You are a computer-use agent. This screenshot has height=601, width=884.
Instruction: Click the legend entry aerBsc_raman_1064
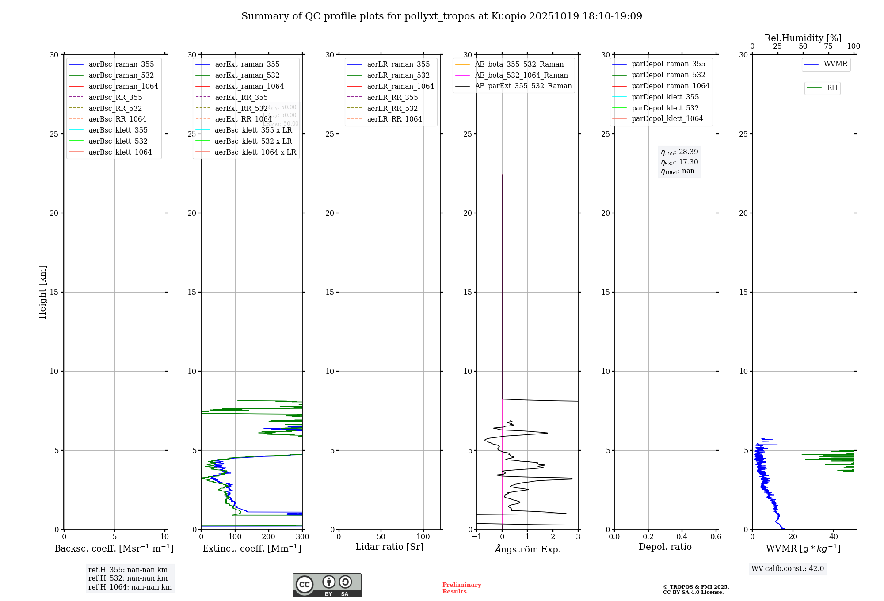tap(123, 86)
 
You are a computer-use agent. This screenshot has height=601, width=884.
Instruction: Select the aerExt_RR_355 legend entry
tap(241, 97)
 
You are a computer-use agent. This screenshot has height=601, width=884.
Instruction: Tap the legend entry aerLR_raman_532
tap(398, 75)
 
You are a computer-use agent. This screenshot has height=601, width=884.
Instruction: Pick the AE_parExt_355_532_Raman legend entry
tap(523, 86)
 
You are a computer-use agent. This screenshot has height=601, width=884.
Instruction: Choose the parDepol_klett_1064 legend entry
tap(667, 118)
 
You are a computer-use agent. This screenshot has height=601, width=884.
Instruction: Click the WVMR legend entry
tap(835, 64)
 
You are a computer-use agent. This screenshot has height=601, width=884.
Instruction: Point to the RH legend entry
tap(832, 88)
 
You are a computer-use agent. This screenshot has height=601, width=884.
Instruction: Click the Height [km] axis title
tap(42, 292)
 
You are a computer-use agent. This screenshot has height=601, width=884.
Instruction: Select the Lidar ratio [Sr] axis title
tap(389, 547)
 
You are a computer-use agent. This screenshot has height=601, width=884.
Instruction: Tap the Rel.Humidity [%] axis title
tap(803, 38)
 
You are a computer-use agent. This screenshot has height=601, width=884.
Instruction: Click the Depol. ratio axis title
tap(665, 547)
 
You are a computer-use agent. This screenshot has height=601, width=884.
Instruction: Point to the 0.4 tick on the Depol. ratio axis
tap(682, 537)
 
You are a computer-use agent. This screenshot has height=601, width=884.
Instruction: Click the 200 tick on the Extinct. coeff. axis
tap(269, 537)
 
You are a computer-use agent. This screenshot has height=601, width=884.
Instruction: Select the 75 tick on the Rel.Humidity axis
tap(828, 46)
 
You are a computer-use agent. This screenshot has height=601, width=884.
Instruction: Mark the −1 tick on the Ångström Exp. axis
tap(476, 537)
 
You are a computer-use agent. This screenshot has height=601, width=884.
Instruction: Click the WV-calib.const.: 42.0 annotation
tap(787, 568)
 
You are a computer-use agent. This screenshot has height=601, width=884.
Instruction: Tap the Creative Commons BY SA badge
tap(327, 585)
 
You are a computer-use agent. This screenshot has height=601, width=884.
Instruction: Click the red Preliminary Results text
tap(461, 588)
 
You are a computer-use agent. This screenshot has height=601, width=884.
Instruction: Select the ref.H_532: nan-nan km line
tap(128, 578)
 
